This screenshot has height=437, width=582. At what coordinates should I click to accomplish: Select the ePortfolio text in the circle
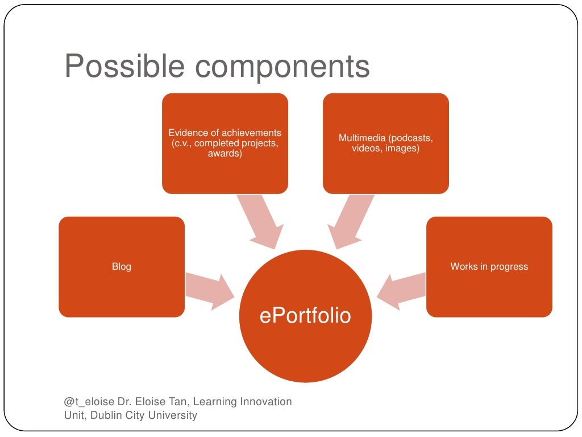[305, 315]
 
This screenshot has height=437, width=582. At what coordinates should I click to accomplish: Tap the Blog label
[122, 266]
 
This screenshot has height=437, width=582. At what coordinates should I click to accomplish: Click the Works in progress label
[489, 266]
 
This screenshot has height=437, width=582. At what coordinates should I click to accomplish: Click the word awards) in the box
[225, 154]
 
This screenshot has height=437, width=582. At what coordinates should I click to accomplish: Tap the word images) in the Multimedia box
[402, 149]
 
